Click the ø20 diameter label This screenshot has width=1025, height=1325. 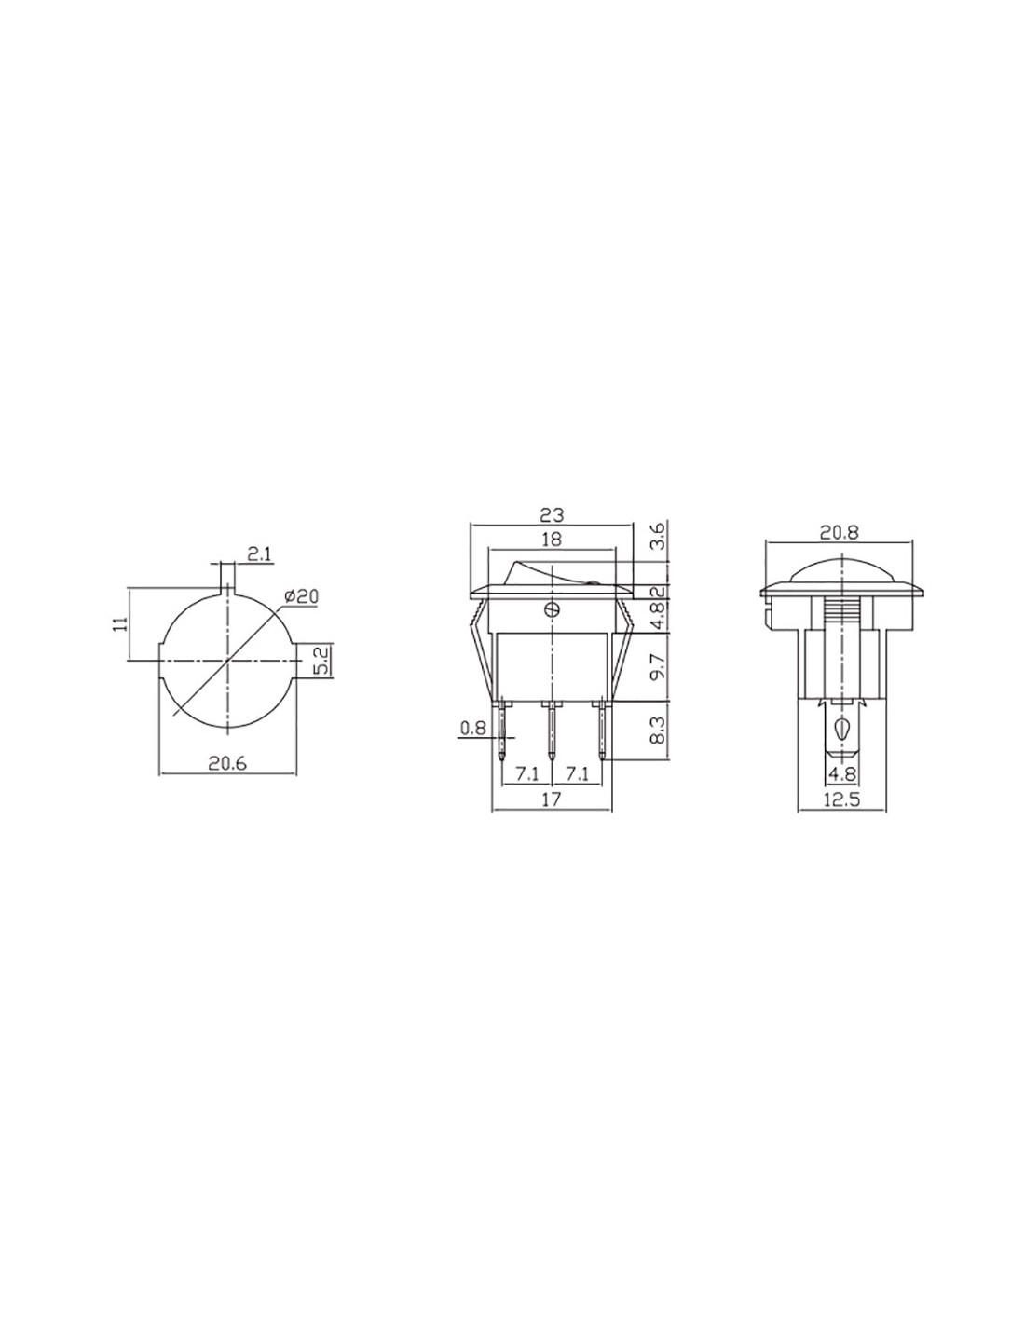[x=301, y=595]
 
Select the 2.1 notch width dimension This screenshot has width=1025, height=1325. [x=259, y=553]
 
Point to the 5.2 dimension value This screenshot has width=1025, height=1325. [x=322, y=659]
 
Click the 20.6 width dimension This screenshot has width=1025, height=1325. [x=226, y=763]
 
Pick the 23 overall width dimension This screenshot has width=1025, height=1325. [x=552, y=514]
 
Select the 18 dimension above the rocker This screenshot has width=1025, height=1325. [x=551, y=539]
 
